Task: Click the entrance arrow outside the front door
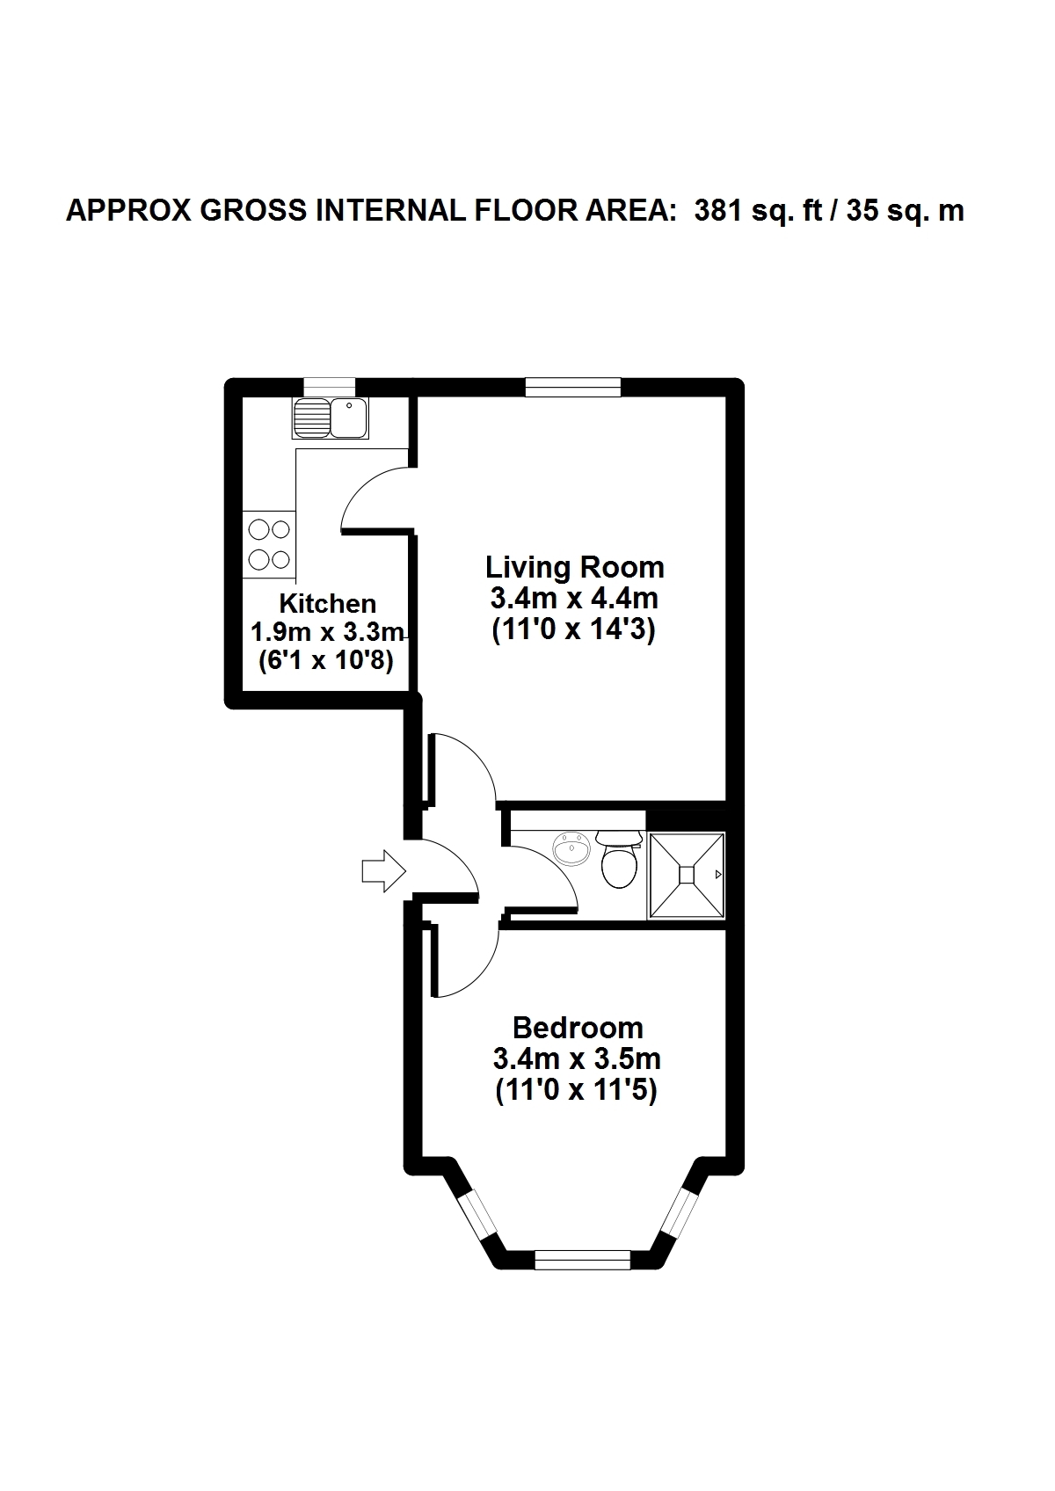coord(383,870)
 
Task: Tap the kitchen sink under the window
coord(331,418)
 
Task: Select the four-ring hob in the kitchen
coord(269,544)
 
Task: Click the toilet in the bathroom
coord(619,858)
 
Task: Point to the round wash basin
coord(571,848)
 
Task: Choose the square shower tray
coord(687,874)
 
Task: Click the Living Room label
coord(574,568)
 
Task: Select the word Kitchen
coord(327,604)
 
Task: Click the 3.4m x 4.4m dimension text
coord(574,599)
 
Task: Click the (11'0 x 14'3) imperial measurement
coord(574,629)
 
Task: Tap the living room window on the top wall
coord(573,388)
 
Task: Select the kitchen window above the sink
coord(330,388)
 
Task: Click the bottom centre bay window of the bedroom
coord(582,1260)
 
